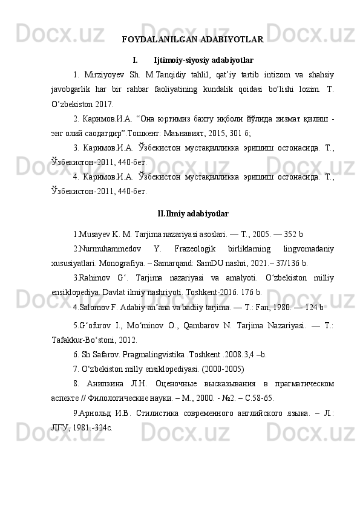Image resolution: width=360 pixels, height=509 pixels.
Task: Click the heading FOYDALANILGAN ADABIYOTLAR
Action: (192, 40)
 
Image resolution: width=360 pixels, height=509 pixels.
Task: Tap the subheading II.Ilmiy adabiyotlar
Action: (192, 213)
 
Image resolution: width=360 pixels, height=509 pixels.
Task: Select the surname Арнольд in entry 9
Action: (94, 415)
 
